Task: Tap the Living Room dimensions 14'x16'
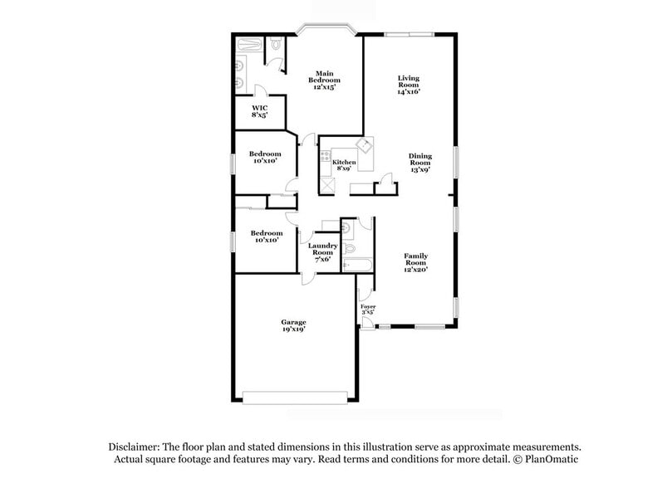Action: click(x=408, y=92)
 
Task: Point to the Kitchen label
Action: click(x=344, y=163)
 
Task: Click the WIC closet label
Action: click(x=260, y=108)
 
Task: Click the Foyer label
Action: click(x=368, y=307)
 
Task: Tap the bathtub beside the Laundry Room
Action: click(x=357, y=266)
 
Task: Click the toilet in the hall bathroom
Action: click(x=350, y=248)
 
